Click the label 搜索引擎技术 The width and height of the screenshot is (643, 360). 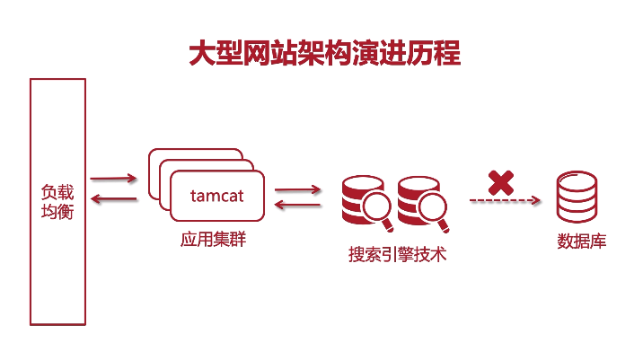[397, 254]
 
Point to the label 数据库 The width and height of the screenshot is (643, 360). [581, 241]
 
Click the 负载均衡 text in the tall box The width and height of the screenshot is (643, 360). [57, 202]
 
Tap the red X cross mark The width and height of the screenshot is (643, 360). [500, 182]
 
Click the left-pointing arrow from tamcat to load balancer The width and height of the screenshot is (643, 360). [113, 198]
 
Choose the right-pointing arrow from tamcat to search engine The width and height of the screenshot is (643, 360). [297, 189]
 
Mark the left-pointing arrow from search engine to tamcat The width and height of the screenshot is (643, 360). [297, 206]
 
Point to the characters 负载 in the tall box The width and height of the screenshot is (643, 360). [57, 191]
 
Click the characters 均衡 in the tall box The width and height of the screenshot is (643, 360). [57, 213]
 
